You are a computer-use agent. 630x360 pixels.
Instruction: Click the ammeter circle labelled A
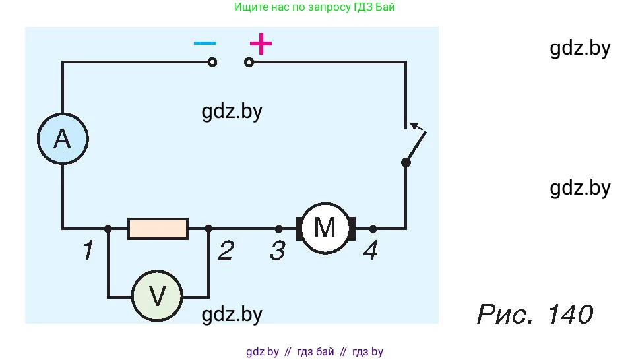point(62,139)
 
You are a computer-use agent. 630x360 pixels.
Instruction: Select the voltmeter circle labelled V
point(157,296)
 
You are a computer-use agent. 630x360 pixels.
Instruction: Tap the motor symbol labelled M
point(325,228)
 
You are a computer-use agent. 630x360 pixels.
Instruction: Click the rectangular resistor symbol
point(158,229)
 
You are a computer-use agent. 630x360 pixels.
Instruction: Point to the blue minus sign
point(205,44)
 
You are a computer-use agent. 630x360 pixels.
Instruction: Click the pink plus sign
point(261,44)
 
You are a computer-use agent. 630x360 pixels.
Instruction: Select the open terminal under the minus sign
point(212,63)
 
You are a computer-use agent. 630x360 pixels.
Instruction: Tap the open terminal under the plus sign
point(249,63)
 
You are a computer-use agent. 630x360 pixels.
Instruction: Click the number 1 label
point(87,251)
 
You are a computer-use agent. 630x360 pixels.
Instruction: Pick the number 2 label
point(225,251)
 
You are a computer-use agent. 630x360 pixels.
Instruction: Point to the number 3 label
point(278,251)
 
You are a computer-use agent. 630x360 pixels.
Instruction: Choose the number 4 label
point(371,251)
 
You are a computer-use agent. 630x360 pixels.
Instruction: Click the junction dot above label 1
point(108,229)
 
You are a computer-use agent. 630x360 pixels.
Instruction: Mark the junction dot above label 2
point(208,229)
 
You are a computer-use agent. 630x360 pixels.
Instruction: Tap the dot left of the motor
point(278,229)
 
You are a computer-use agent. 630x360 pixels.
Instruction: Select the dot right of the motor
point(373,229)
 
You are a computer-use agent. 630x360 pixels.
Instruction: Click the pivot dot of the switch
point(406,162)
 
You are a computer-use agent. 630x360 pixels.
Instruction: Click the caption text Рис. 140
point(534,314)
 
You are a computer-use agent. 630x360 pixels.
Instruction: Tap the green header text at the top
point(315,7)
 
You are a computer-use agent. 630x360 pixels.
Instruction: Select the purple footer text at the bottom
point(314,351)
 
